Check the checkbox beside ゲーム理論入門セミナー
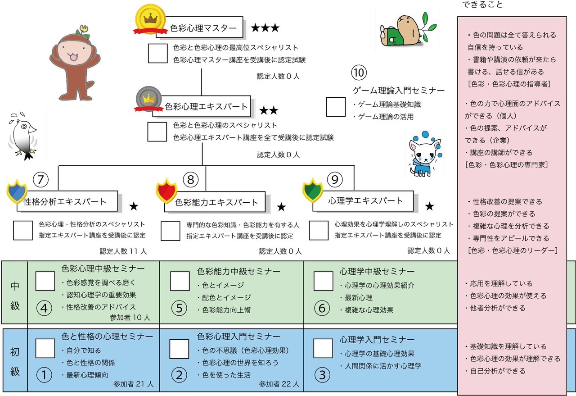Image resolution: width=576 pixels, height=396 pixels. pyautogui.click(x=336, y=107)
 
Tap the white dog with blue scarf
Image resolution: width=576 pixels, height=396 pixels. pyautogui.click(x=422, y=155)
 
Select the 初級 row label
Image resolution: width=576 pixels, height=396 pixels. pyautogui.click(x=15, y=360)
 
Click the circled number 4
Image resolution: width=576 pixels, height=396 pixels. pyautogui.click(x=44, y=309)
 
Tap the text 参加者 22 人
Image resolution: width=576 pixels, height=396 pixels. pyautogui.click(x=279, y=384)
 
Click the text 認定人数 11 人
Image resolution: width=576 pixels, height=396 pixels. pyautogui.click(x=123, y=251)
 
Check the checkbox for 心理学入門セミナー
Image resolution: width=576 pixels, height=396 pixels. pyautogui.click(x=323, y=348)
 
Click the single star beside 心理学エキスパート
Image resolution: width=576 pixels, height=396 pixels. pyautogui.click(x=430, y=206)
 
